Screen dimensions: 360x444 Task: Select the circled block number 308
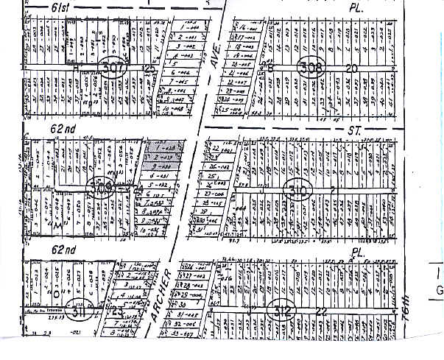pyautogui.click(x=311, y=68)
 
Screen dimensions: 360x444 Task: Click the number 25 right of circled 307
pyautogui.click(x=150, y=68)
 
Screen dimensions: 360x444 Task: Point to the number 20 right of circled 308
pyautogui.click(x=351, y=68)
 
